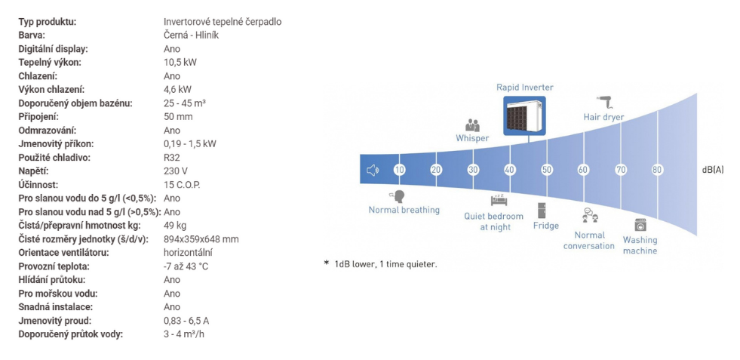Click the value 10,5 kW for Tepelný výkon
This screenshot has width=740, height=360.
click(x=180, y=63)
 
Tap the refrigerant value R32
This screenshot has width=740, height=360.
click(x=172, y=157)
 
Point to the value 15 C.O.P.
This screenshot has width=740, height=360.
click(x=182, y=185)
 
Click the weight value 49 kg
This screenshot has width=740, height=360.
click(x=174, y=226)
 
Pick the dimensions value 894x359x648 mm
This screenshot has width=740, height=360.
click(x=201, y=239)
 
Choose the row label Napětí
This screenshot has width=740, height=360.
click(x=33, y=171)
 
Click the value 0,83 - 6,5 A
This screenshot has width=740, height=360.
click(x=186, y=321)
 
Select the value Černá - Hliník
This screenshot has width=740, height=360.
click(x=191, y=35)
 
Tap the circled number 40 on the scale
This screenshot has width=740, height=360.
click(x=510, y=170)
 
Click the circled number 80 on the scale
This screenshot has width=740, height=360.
click(x=657, y=170)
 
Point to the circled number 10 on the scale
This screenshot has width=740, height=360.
click(x=399, y=170)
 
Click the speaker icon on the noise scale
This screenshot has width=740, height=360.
click(x=373, y=170)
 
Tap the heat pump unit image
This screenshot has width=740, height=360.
click(x=524, y=115)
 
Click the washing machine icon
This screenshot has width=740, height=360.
click(x=640, y=224)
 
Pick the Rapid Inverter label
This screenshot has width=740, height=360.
click(x=525, y=88)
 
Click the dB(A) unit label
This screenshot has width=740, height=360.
click(x=712, y=170)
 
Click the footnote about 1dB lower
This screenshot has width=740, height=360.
click(x=380, y=265)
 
